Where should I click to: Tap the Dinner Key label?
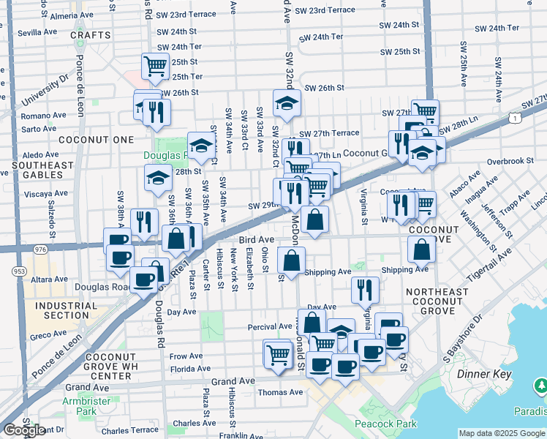(x=481, y=374)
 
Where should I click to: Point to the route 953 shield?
(x=14, y=270)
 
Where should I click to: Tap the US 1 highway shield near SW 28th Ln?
(x=517, y=117)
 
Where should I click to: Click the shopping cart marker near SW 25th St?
(x=156, y=66)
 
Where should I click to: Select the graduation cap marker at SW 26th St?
(x=287, y=102)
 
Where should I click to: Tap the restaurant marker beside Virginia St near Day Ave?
(x=365, y=290)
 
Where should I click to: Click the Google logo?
(x=24, y=430)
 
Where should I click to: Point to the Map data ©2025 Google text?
(x=502, y=433)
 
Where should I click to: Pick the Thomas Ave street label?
(x=280, y=392)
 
